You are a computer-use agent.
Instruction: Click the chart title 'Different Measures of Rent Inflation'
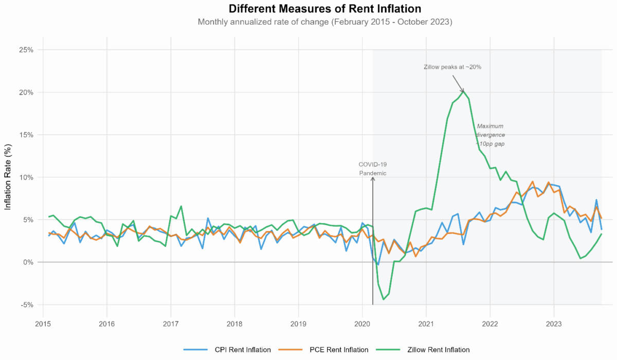tap(325, 9)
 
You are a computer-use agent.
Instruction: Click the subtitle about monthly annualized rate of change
tap(325, 22)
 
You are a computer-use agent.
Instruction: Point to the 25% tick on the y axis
tap(26, 50)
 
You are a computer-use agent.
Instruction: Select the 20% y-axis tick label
tap(26, 93)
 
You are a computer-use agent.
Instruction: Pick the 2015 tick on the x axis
tap(43, 323)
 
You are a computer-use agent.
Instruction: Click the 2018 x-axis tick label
tap(234, 323)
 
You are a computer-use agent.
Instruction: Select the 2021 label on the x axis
tap(426, 323)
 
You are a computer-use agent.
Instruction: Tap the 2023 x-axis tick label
tap(554, 323)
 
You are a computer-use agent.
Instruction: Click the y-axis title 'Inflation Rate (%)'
tap(8, 177)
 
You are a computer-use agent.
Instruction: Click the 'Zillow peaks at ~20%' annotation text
tap(452, 67)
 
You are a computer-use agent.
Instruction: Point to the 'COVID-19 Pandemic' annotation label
tap(372, 169)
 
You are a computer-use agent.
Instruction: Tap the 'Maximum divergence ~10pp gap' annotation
tap(490, 135)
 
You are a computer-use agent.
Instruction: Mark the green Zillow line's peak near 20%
tap(463, 92)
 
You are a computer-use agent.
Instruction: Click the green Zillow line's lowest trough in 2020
tap(383, 299)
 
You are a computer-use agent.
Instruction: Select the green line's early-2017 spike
tap(181, 206)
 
